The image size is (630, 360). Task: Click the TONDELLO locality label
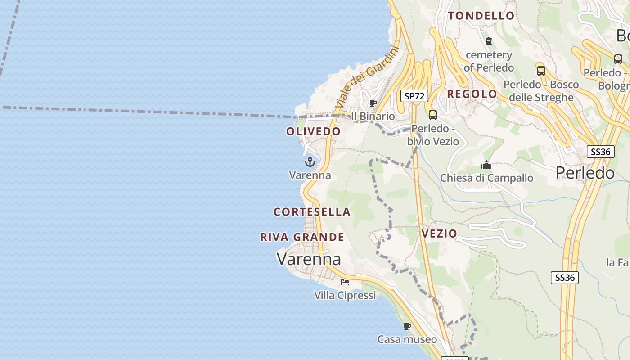point(481,16)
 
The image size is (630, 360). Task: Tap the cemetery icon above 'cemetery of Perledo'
point(489,41)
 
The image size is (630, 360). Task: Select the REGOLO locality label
point(472,94)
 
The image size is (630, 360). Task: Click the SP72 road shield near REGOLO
point(414,96)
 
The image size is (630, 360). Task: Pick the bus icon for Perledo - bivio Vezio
point(433,115)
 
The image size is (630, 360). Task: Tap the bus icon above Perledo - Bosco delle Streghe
point(541,71)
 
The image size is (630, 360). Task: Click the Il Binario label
point(373,116)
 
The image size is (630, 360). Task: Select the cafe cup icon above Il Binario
point(373,103)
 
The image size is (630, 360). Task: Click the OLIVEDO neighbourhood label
point(314,131)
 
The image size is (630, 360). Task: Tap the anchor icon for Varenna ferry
point(310,162)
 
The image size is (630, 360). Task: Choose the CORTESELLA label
point(312,212)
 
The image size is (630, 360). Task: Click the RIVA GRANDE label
point(302,237)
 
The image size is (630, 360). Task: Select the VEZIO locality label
point(439,234)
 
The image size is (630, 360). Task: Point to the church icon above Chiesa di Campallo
point(486,165)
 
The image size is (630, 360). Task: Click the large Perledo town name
point(585,173)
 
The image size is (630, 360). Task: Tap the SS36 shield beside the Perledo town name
point(601,152)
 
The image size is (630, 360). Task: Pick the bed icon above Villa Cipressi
point(345,282)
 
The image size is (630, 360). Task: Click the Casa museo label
point(407,339)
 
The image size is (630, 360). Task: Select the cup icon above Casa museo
point(407,326)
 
